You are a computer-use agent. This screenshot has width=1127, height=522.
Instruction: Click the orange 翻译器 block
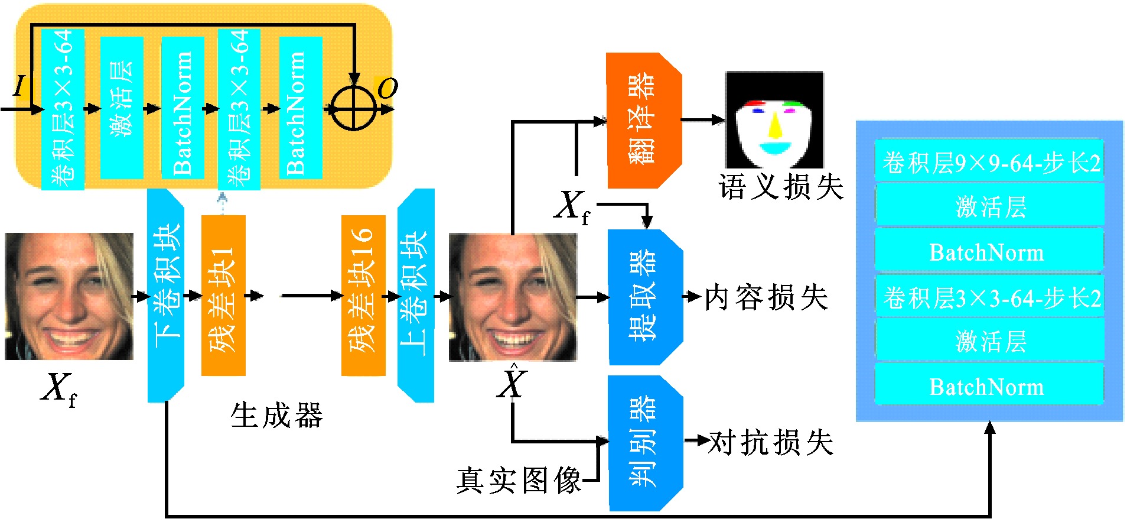(644, 121)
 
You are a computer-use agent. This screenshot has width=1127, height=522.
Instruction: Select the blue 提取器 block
(646, 297)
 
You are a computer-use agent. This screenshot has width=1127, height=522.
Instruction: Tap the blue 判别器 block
(646, 443)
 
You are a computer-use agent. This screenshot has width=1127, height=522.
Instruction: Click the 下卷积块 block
(166, 296)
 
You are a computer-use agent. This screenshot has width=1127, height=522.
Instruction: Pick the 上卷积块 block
(416, 296)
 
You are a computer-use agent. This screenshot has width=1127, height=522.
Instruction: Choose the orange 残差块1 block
(223, 296)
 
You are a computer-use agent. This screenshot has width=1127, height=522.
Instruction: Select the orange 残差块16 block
(363, 296)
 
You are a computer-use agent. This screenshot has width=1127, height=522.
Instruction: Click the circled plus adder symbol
(353, 109)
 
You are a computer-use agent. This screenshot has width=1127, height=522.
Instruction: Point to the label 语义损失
(781, 187)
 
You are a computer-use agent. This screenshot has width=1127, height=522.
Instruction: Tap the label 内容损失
(766, 297)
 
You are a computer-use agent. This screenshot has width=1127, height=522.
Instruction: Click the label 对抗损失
(771, 442)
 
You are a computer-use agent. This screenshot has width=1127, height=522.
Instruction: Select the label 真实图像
(519, 480)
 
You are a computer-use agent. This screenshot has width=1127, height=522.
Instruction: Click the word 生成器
(276, 415)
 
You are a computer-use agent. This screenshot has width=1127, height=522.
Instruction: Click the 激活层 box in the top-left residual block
(122, 108)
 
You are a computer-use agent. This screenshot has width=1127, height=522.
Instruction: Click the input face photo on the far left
(69, 296)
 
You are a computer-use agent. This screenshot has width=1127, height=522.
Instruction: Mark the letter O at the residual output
(387, 89)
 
